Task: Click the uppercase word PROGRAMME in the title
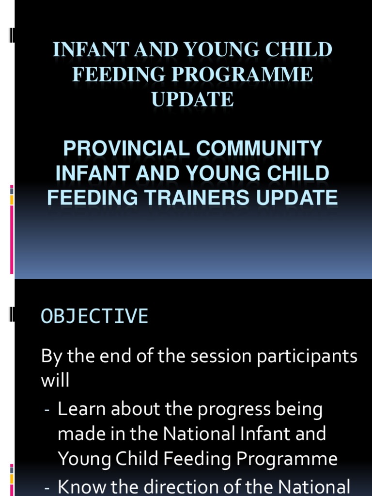pyautogui.click(x=242, y=75)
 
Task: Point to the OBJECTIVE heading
pyautogui.click(x=94, y=316)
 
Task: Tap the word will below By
pyautogui.click(x=55, y=380)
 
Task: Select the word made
pyautogui.click(x=79, y=434)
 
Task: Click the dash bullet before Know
pyautogui.click(x=47, y=487)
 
